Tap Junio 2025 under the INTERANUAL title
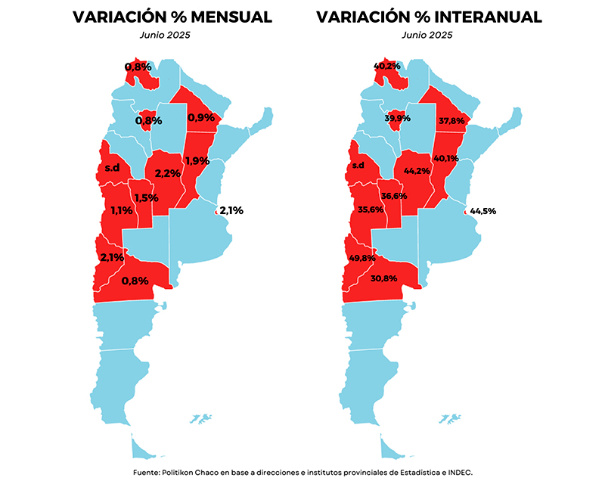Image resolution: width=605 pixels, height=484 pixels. click(428, 34)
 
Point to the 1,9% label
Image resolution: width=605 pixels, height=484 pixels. click(197, 160)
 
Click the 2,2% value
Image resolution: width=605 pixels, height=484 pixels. click(167, 173)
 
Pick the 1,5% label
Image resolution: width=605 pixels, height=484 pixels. click(145, 198)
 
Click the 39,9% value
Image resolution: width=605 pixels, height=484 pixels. click(398, 119)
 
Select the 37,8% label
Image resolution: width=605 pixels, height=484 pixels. click(451, 119)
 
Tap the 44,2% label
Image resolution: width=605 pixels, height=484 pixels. click(417, 171)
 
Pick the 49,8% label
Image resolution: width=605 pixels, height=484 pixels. click(362, 257)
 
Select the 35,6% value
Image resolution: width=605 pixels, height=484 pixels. click(371, 210)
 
